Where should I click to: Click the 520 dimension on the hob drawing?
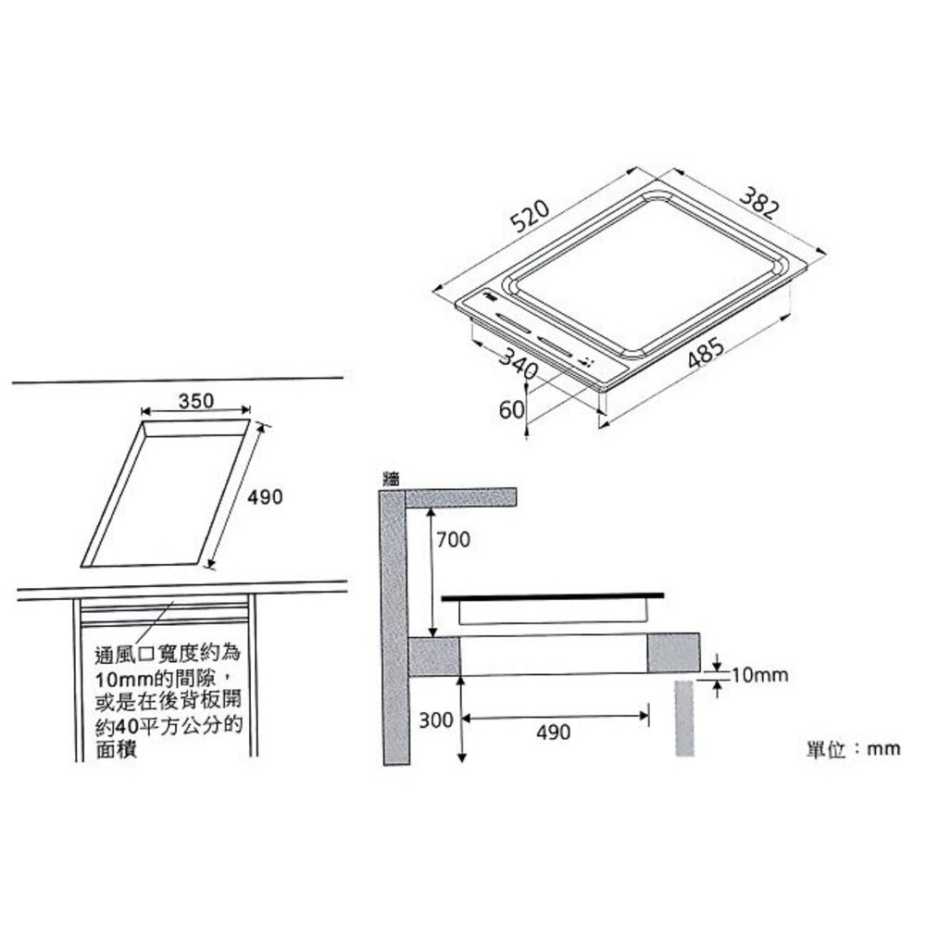tap(530, 218)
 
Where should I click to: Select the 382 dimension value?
tap(758, 203)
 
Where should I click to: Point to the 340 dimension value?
tap(518, 363)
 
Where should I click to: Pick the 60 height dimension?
tap(511, 408)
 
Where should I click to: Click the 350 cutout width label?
tap(195, 400)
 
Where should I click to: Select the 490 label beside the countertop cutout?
tap(265, 497)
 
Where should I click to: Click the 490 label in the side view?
tap(553, 732)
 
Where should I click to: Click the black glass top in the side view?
tap(553, 598)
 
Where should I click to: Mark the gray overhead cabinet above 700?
tap(460, 496)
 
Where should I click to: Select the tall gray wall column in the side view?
tap(394, 630)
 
